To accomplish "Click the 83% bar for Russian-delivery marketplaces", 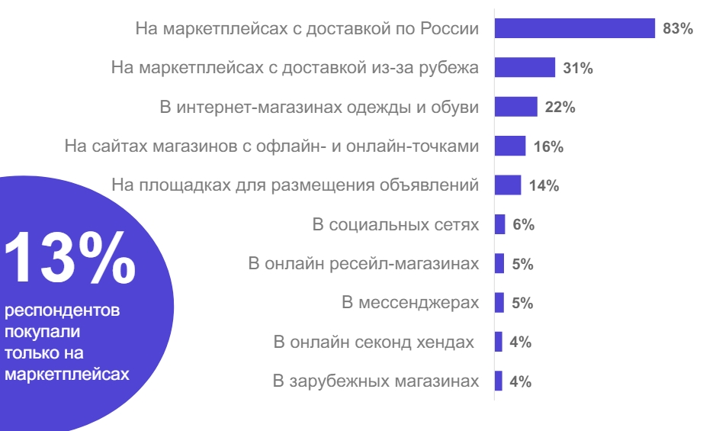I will pos(574,28).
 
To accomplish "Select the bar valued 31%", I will pos(525,68).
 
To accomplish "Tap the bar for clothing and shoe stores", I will pos(516,107).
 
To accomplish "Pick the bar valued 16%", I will pos(510,146).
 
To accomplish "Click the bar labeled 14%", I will pos(508,185).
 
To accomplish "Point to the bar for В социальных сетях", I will pos(500,224).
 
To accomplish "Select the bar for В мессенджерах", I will pos(499,303).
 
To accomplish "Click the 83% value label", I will pos(678,29).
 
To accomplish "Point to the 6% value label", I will pos(523,225).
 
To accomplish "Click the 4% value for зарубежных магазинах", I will pos(520,381).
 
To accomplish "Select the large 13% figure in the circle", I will pos(69,256).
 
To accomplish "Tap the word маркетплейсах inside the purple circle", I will pos(67,375).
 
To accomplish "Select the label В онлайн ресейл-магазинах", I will pos(364,264).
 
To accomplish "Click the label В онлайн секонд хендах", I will pos(374,343).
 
